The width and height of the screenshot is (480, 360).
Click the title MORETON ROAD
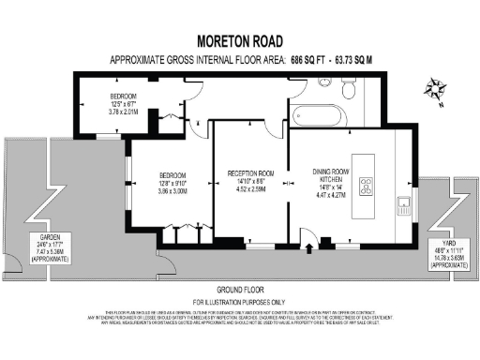pos(239,41)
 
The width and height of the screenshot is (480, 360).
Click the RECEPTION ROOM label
pos(250,173)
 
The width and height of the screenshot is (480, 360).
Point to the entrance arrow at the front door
pos(310,249)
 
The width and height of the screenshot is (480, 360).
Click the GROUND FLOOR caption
pos(239,289)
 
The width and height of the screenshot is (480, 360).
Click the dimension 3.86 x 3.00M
pos(172,190)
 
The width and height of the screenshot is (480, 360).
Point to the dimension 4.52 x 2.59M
pos(250,189)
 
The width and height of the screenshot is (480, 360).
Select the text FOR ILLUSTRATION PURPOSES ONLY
pos(239,302)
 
